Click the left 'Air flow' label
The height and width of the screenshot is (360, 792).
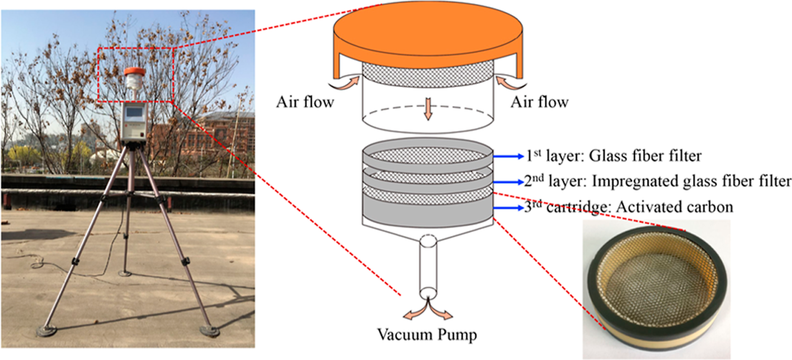[305, 102]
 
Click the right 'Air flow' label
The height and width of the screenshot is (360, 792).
[540, 102]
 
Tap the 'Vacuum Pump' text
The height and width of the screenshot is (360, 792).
[427, 335]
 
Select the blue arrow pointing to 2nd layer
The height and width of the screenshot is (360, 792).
[508, 182]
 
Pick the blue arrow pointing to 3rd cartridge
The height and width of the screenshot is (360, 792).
[508, 208]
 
